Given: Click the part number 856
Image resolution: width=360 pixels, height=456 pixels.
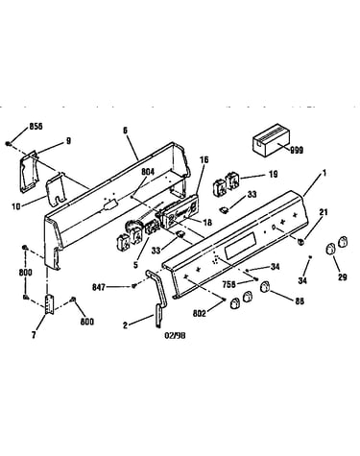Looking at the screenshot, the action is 36,126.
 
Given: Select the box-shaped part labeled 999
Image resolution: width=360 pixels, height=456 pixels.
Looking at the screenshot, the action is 271,145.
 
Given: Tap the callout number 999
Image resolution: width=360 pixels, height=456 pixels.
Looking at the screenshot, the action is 297,150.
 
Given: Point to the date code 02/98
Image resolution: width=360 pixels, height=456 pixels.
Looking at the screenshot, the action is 175,335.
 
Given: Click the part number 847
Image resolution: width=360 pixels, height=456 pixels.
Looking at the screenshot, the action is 99,287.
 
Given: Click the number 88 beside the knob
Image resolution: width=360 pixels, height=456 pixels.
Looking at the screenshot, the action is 300,300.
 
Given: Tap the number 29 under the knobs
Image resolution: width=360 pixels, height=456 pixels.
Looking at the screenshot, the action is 343,276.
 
